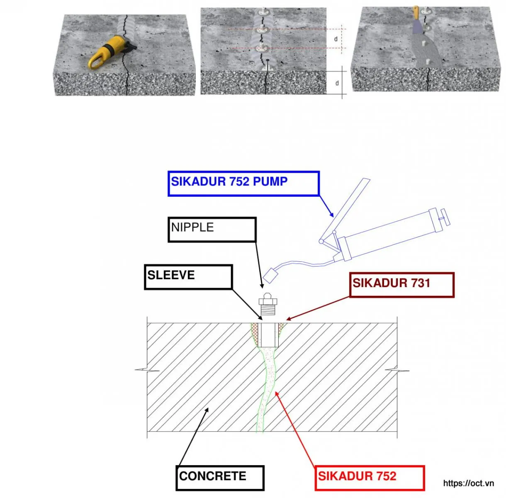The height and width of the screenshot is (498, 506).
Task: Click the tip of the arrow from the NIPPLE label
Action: [262, 288]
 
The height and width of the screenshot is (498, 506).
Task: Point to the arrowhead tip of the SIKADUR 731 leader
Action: [287, 320]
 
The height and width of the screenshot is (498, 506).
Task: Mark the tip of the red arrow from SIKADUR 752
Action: [275, 392]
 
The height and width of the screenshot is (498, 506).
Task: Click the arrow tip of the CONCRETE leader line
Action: [208, 408]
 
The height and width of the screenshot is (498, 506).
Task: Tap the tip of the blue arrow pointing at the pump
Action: [333, 217]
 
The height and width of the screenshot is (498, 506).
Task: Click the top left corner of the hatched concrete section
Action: [147, 323]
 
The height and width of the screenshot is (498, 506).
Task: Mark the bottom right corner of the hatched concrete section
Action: [397, 432]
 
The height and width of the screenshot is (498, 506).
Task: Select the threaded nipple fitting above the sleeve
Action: [268, 304]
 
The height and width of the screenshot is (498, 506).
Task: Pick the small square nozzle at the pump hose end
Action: [270, 276]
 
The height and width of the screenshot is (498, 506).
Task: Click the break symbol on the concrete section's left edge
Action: [147, 370]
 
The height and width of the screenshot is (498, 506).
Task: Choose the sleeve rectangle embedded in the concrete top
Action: [268, 335]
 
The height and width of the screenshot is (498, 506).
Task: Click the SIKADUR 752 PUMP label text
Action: [229, 181]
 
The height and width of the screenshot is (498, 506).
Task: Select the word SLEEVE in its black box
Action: [171, 275]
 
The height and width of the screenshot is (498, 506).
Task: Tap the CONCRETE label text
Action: [213, 476]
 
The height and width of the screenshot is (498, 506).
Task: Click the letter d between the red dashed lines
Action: [336, 39]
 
